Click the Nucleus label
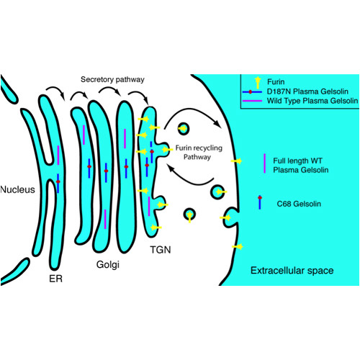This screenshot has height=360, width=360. (x=17, y=189)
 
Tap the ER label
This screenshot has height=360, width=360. (x=55, y=279)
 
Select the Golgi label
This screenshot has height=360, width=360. (x=108, y=265)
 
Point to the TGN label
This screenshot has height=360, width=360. (x=161, y=250)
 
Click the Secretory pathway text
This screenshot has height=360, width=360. (x=112, y=80)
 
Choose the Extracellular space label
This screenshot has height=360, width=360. (x=292, y=271)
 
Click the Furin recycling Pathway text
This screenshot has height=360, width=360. (x=199, y=153)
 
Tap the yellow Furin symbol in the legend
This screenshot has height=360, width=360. (x=258, y=82)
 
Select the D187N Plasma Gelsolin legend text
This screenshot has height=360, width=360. (x=307, y=91)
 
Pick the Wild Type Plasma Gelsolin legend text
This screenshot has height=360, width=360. (x=312, y=101)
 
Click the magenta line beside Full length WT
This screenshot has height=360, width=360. (x=264, y=163)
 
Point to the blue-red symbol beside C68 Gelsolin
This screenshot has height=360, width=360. (x=260, y=202)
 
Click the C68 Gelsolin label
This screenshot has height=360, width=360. (x=299, y=204)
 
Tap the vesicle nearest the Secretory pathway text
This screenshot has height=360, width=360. (x=184, y=129)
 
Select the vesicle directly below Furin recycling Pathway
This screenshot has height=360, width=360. (x=218, y=192)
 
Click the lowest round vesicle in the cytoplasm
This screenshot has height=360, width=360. (x=189, y=215)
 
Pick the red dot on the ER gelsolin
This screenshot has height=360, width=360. (x=58, y=182)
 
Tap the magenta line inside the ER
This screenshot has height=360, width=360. (x=58, y=155)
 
